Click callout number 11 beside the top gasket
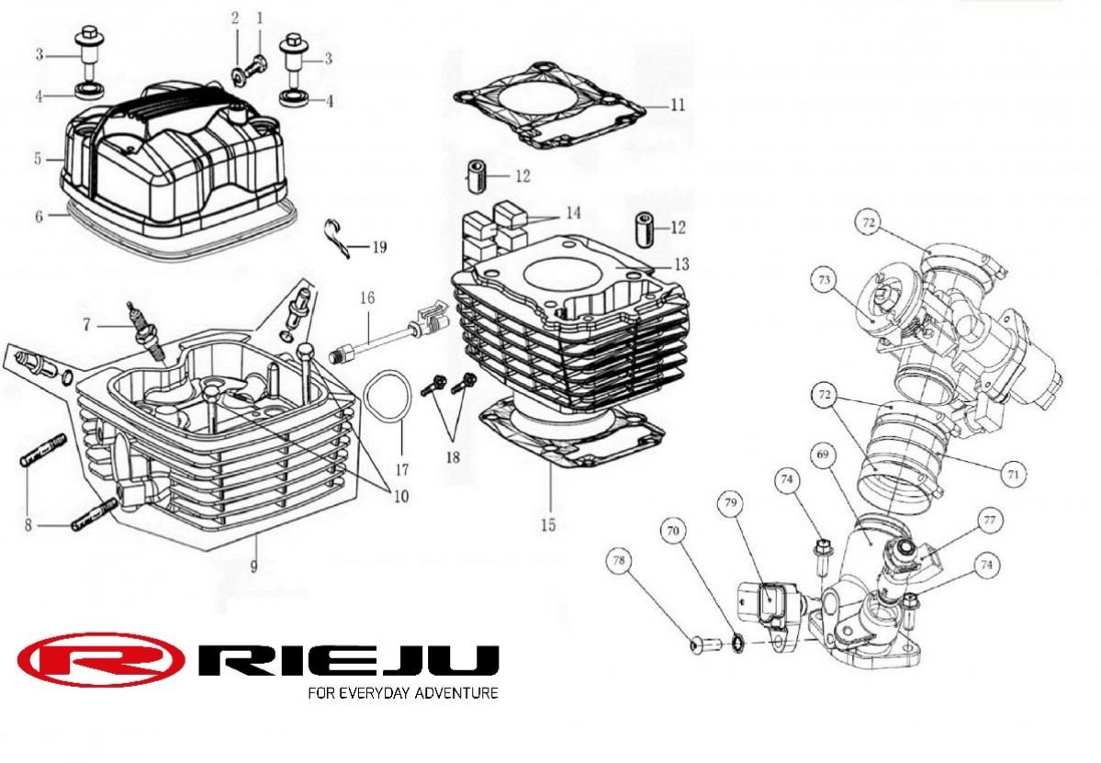click(677, 106)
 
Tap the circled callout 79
click(731, 502)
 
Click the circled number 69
click(824, 454)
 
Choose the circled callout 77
click(989, 520)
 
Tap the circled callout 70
click(674, 530)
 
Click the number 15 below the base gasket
click(548, 525)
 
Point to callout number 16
click(367, 299)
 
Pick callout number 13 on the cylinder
click(680, 264)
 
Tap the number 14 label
click(573, 213)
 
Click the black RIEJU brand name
click(349, 659)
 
